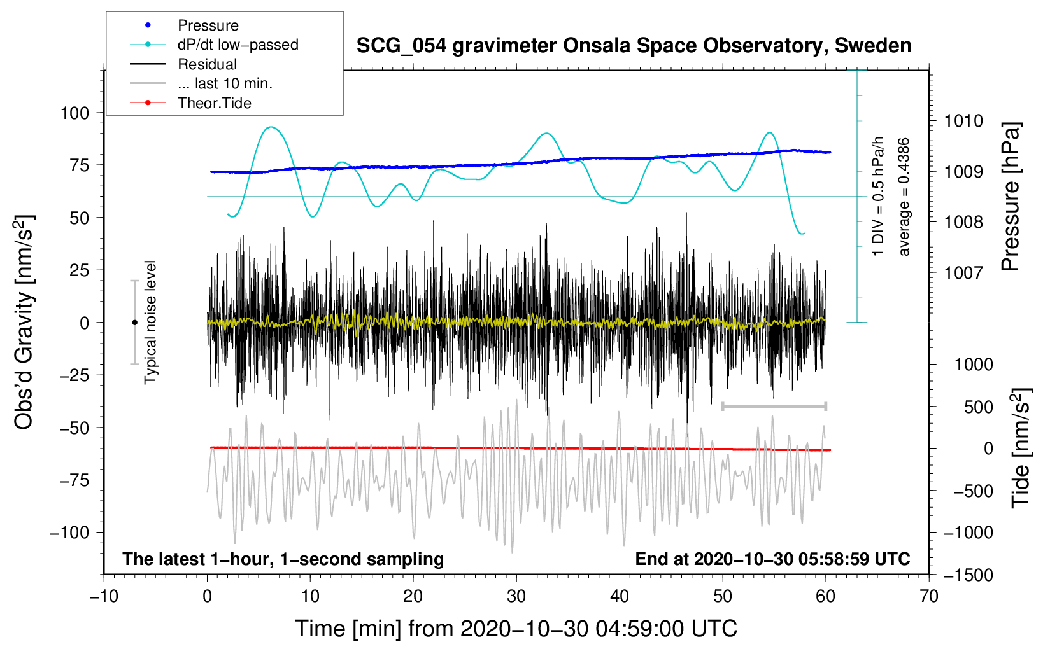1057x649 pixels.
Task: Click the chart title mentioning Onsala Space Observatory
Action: pyautogui.click(x=634, y=46)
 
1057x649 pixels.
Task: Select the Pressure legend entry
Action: pyautogui.click(x=208, y=25)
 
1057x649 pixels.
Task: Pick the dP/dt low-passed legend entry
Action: pyautogui.click(x=238, y=45)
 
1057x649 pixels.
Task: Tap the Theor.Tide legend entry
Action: pyautogui.click(x=214, y=103)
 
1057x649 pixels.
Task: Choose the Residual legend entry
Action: pyautogui.click(x=207, y=64)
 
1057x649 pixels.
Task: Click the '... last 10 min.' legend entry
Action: pyautogui.click(x=225, y=83)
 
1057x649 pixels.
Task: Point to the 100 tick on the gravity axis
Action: pyautogui.click(x=74, y=113)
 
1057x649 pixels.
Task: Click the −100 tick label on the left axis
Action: pyautogui.click(x=69, y=533)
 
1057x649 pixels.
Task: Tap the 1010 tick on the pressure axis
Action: pyautogui.click(x=963, y=121)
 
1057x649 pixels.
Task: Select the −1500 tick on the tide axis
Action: pyautogui.click(x=968, y=575)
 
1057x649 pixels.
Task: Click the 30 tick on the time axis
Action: pyautogui.click(x=516, y=597)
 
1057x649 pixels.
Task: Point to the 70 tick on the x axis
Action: pyautogui.click(x=929, y=597)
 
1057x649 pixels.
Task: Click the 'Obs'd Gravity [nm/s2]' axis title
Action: pyautogui.click(x=24, y=323)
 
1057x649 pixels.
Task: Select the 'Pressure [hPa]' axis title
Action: pyautogui.click(x=1011, y=197)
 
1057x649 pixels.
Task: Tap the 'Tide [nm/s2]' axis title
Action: pyautogui.click(x=1021, y=449)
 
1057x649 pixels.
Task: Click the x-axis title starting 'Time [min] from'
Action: pyautogui.click(x=516, y=629)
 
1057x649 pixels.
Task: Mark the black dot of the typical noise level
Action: pyautogui.click(x=134, y=323)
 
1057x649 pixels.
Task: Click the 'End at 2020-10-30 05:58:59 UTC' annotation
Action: pyautogui.click(x=772, y=559)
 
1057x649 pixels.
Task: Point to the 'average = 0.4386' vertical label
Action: pyautogui.click(x=904, y=197)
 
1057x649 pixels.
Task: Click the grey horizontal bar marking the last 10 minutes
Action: pyautogui.click(x=774, y=406)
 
